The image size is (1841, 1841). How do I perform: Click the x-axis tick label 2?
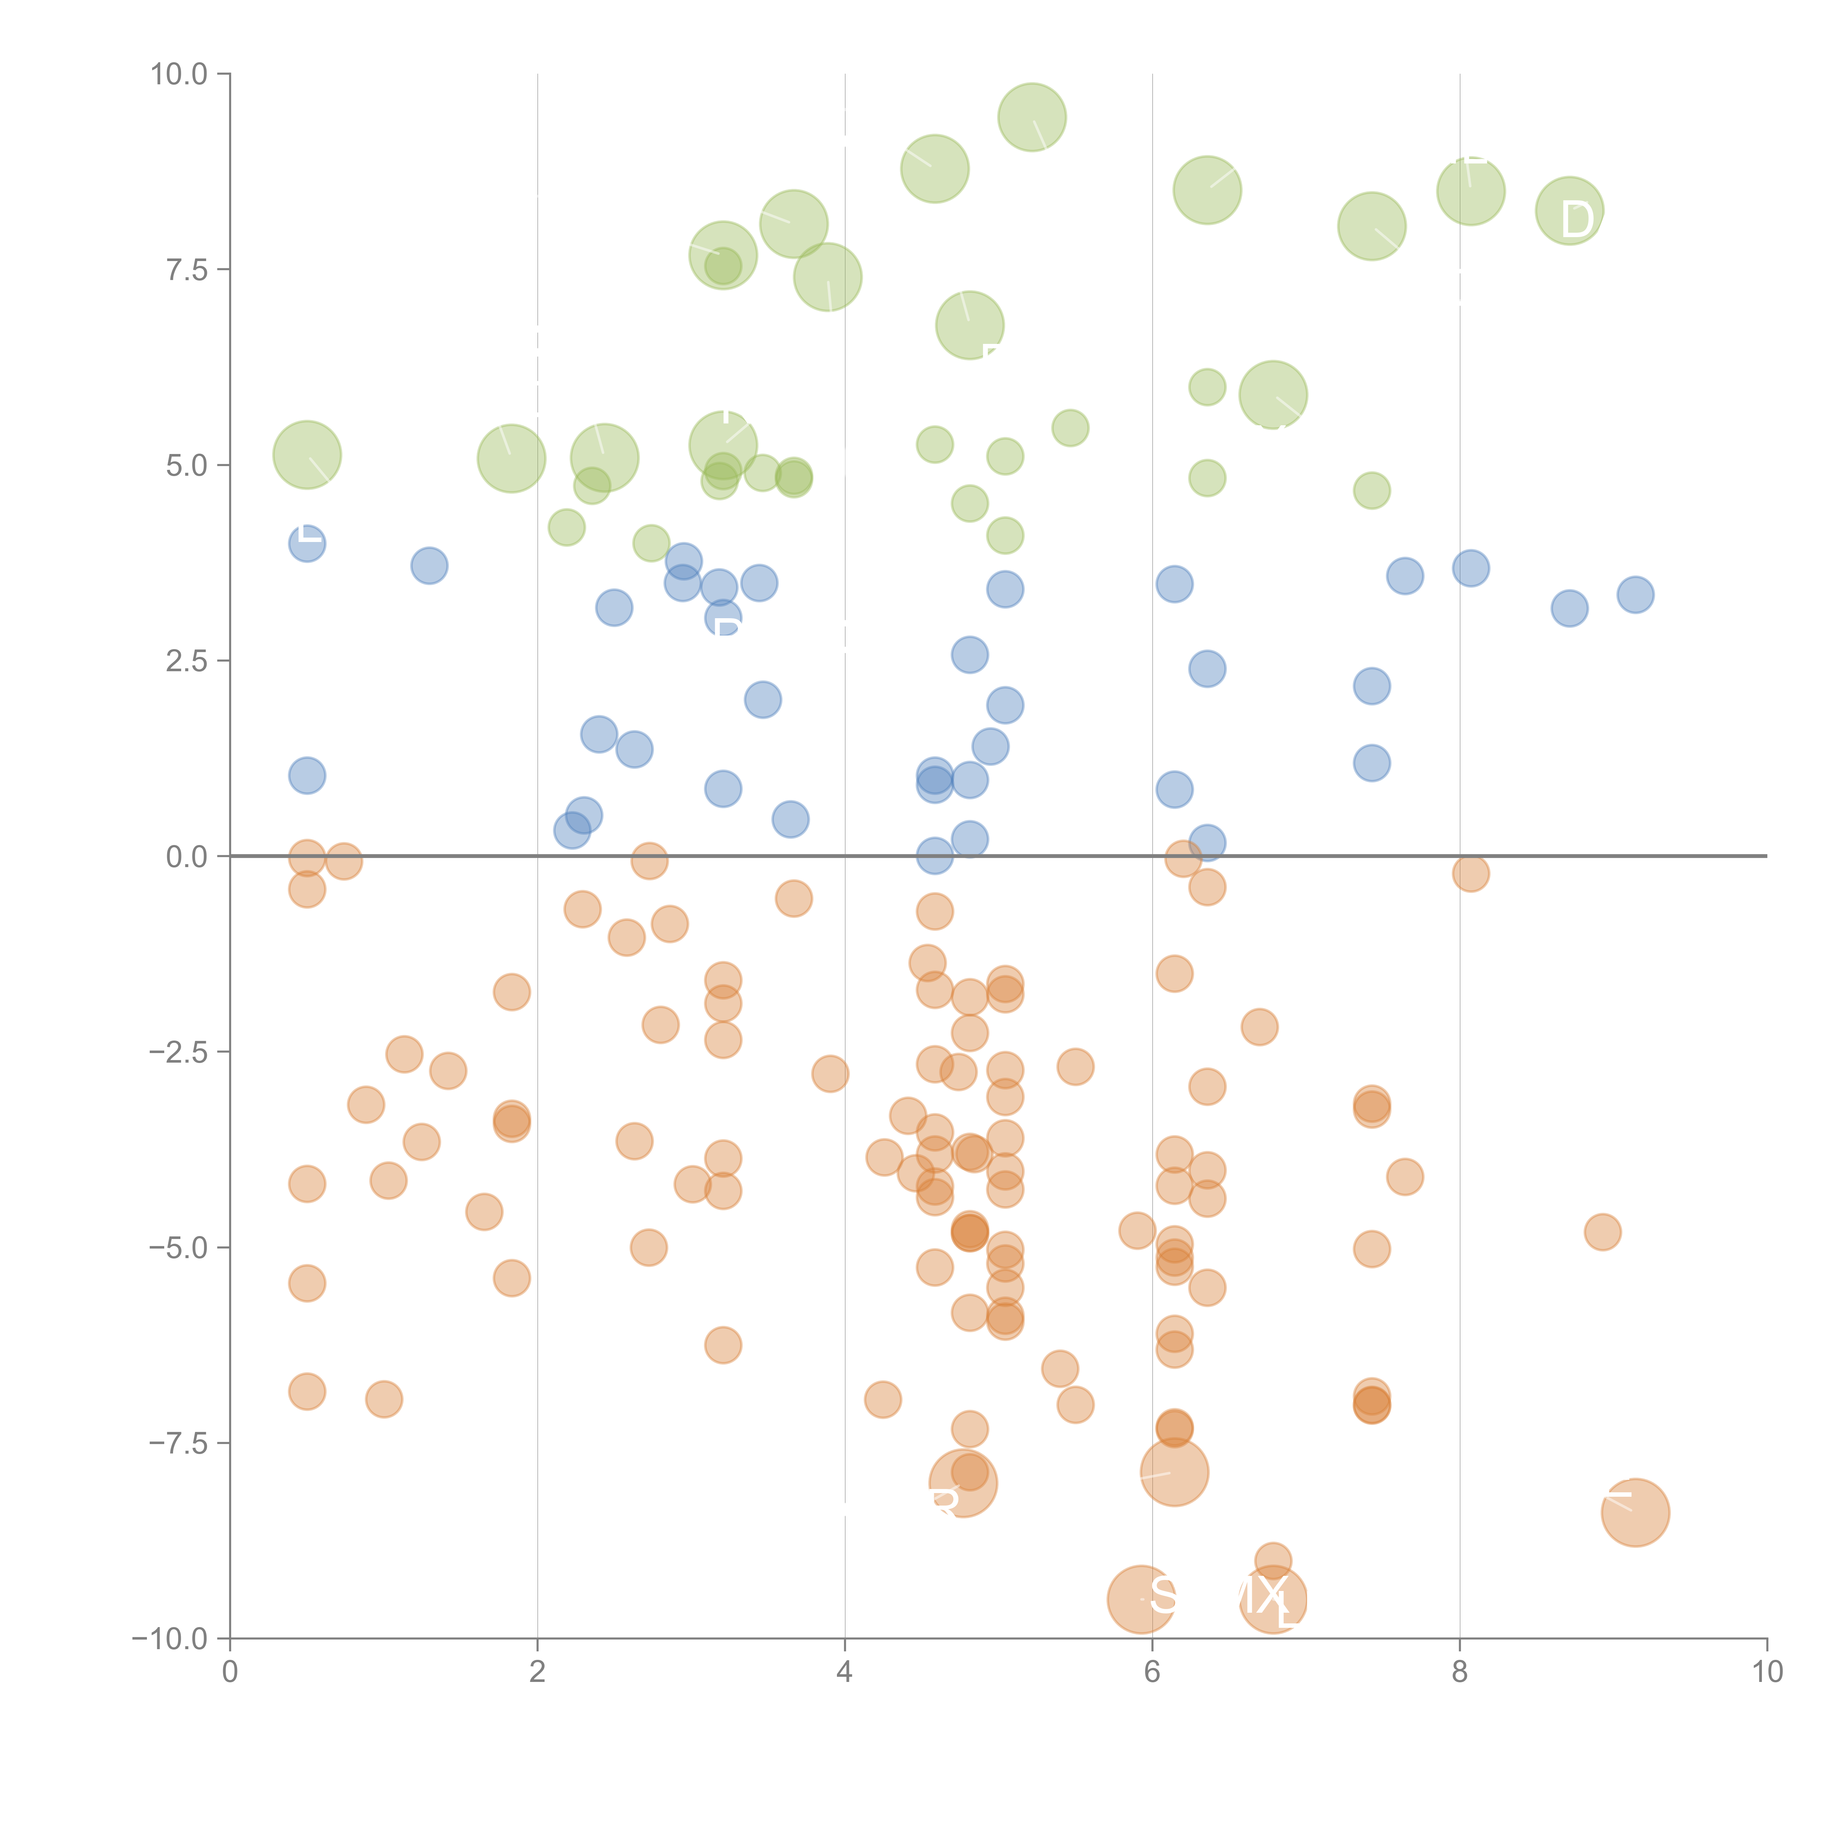point(538,1672)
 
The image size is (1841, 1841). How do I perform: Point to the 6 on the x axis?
point(1152,1672)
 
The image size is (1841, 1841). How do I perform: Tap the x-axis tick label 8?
point(1460,1672)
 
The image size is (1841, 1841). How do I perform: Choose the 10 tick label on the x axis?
point(1767,1672)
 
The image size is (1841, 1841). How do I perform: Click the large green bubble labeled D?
point(1569,211)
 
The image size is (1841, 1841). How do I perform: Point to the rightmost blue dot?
point(1635,595)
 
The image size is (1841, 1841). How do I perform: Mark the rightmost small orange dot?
point(1603,1232)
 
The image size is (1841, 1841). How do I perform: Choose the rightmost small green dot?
point(1371,491)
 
